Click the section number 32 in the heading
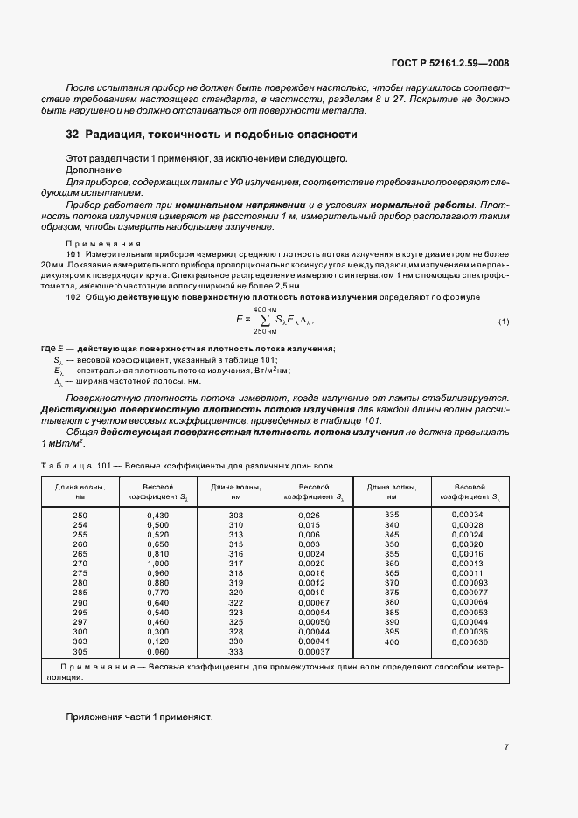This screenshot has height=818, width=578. (x=73, y=135)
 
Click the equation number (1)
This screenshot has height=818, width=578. (x=503, y=322)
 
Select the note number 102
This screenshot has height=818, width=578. (x=73, y=298)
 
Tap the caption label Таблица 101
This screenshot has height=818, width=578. (x=70, y=466)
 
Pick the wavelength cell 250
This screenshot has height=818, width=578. (x=80, y=516)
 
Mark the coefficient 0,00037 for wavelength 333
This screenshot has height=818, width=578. (x=313, y=652)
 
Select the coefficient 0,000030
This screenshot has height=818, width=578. (x=470, y=641)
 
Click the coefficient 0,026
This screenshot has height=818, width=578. (x=309, y=516)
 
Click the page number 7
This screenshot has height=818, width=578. (x=506, y=747)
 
